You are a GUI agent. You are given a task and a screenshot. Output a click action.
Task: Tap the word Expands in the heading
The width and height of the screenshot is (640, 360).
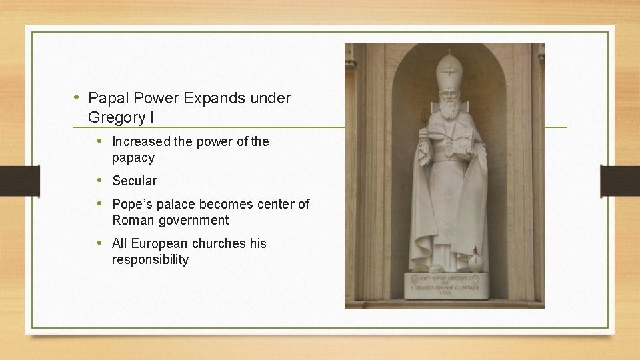[x=214, y=99]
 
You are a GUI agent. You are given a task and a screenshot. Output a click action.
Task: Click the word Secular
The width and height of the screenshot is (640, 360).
[x=135, y=181]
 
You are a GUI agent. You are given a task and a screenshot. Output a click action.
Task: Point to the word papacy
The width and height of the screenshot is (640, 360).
[x=133, y=158]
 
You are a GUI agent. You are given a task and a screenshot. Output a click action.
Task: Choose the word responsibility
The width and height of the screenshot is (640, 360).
[x=150, y=259]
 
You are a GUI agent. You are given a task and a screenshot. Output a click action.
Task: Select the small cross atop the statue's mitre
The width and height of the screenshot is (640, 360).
[x=449, y=51]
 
